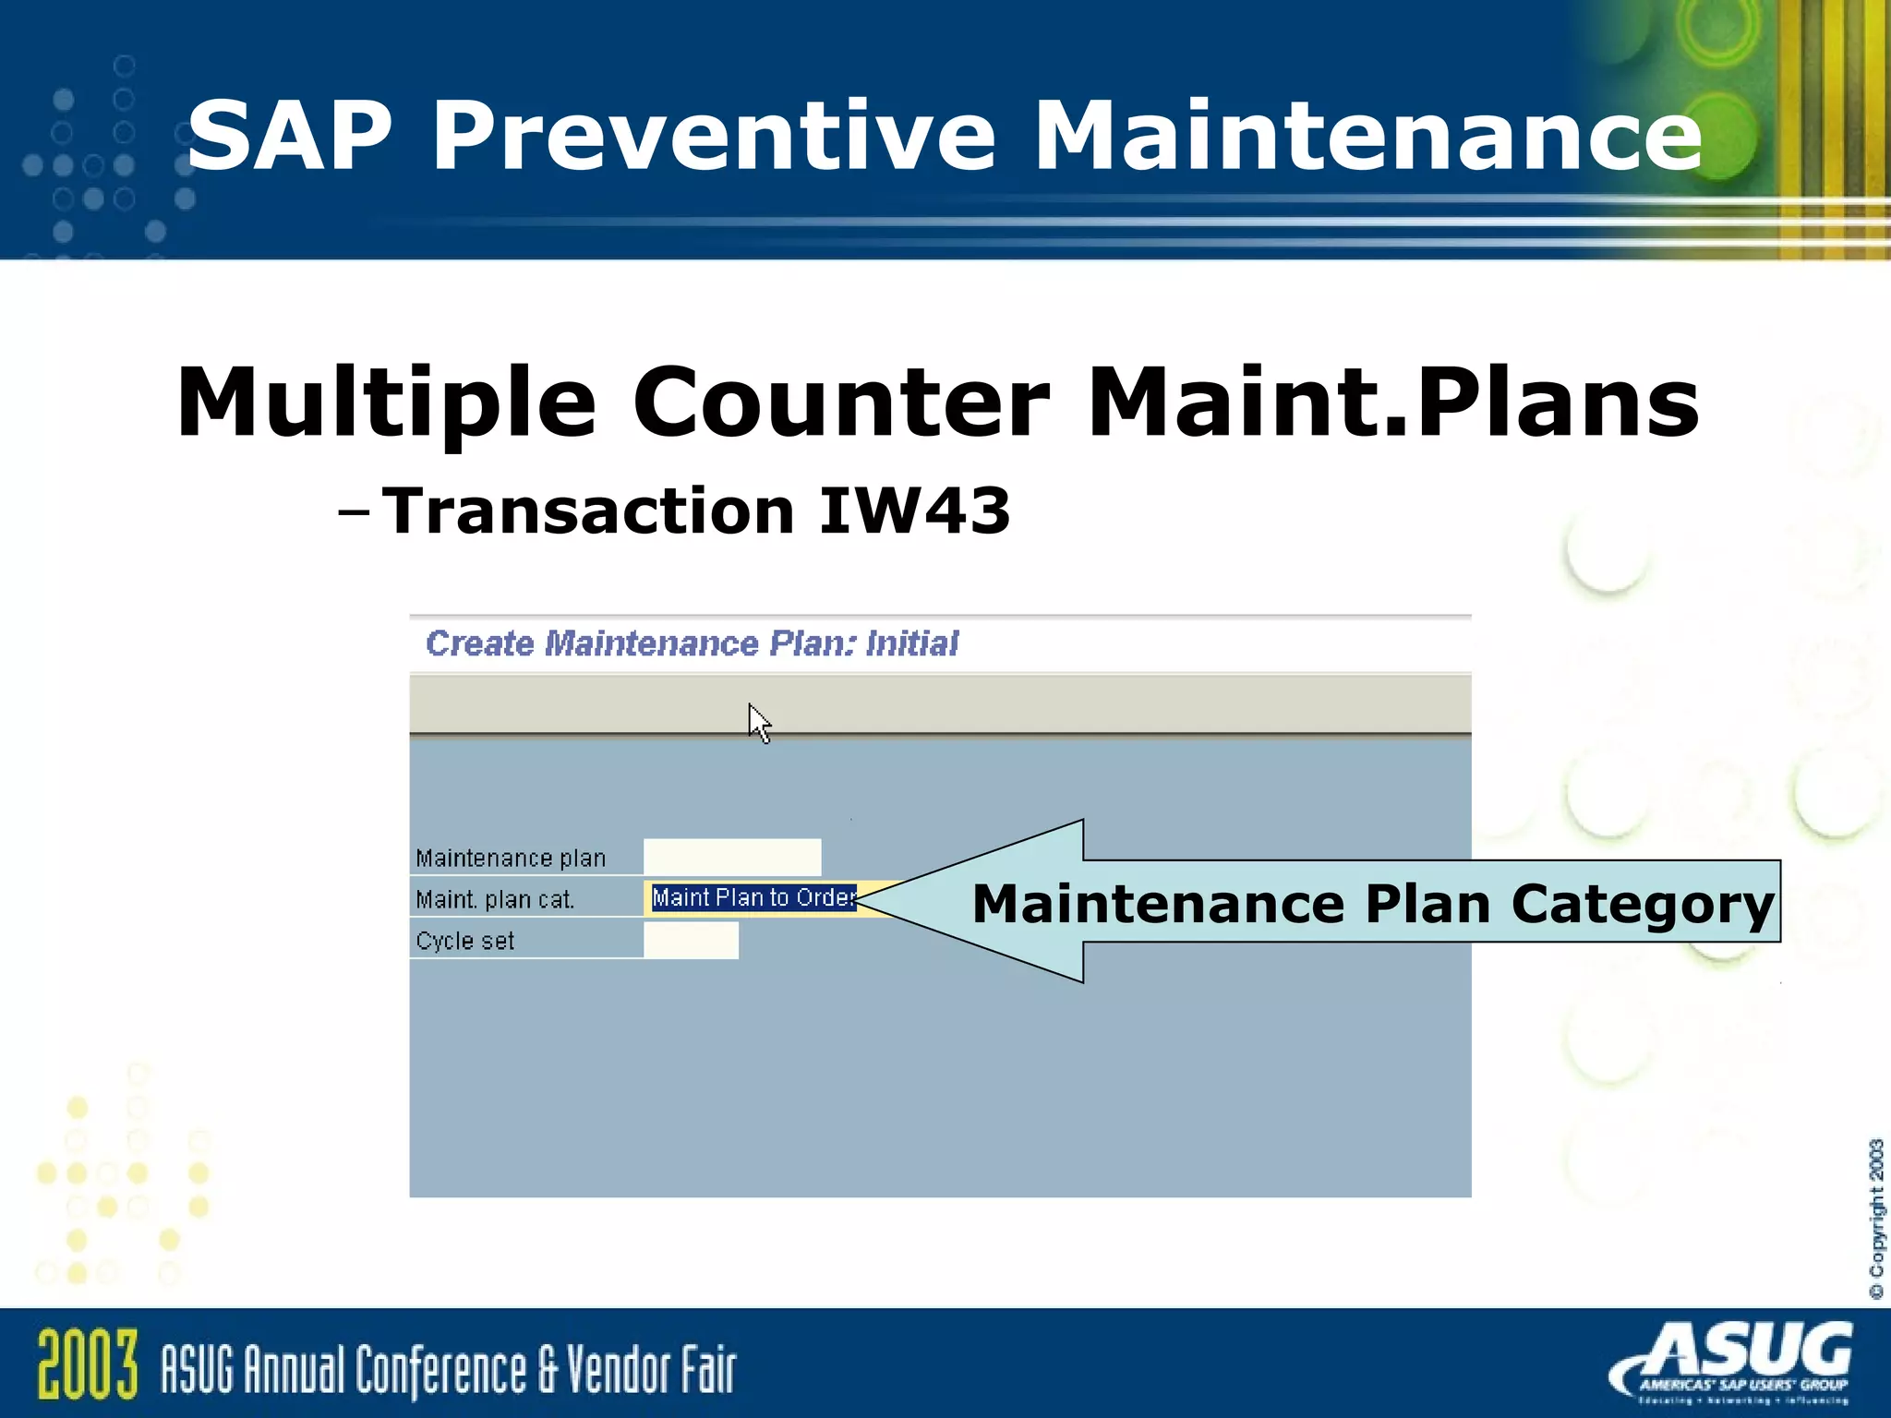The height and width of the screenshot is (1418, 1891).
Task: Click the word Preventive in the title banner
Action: [713, 137]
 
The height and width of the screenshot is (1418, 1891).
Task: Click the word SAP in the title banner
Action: [290, 137]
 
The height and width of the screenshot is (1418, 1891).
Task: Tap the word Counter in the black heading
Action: [840, 403]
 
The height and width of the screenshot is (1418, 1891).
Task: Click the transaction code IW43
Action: [914, 511]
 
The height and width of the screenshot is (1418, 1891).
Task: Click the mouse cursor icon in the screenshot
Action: [758, 722]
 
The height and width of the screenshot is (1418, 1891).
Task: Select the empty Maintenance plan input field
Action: [731, 857]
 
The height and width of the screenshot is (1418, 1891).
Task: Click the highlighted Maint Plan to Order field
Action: [753, 897]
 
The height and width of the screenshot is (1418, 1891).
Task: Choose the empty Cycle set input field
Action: [691, 940]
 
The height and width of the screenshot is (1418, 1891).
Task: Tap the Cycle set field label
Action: [464, 941]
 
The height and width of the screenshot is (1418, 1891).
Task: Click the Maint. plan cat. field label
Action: [495, 899]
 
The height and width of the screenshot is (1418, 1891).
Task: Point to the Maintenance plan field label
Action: [511, 858]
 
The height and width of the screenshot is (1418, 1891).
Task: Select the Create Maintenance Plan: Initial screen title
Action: [692, 643]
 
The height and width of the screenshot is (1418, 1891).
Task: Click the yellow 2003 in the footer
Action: [88, 1365]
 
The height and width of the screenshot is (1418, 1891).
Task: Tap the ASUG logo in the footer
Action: [1736, 1362]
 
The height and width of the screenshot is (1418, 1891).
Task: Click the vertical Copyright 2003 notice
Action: [1875, 1219]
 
